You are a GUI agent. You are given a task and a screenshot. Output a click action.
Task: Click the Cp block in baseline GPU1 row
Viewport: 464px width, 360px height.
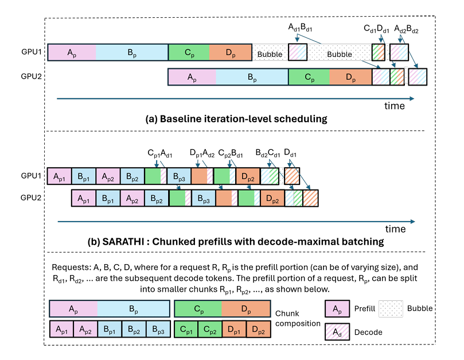coord(189,52)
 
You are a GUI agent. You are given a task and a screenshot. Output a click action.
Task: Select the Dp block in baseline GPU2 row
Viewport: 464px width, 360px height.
coord(350,77)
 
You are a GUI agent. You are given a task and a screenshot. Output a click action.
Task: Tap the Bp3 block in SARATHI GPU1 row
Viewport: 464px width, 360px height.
coord(179,176)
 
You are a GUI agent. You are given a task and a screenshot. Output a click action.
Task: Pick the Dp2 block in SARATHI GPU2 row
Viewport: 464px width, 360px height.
coord(272,198)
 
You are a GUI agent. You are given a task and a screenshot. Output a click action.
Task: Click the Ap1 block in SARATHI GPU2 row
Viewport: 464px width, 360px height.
coord(84,198)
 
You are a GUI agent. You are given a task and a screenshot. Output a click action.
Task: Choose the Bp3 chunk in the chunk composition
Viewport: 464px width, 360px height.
coord(158,329)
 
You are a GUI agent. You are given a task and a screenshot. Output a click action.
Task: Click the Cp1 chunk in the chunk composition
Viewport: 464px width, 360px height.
coord(186,329)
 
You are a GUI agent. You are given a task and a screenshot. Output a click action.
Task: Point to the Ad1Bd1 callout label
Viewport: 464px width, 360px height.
coord(300,28)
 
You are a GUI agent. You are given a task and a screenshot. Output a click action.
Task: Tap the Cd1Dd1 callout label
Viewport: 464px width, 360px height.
coord(376,29)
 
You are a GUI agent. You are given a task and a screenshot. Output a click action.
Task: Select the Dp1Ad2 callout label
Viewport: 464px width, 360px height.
coord(202,153)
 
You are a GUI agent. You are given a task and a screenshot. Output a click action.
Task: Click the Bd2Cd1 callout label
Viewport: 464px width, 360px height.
coord(268,153)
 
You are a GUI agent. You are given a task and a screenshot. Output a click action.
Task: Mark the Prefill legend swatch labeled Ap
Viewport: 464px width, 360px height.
coord(337,309)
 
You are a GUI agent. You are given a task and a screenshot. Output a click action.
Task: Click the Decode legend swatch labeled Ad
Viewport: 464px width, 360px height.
coord(337,331)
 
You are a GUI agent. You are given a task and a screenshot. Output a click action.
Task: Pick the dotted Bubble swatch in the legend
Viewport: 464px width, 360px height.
coord(391,309)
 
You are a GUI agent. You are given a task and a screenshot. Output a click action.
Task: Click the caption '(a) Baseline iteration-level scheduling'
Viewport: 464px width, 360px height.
coord(236,119)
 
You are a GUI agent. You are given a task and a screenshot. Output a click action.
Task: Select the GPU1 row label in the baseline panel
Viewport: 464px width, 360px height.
coord(31,52)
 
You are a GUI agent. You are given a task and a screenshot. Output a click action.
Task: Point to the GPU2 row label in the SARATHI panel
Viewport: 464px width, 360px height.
coord(31,198)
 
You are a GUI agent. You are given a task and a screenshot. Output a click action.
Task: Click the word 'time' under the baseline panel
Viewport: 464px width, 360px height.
coord(395,106)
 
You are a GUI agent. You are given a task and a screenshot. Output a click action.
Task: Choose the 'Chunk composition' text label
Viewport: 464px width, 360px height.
coord(298,318)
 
